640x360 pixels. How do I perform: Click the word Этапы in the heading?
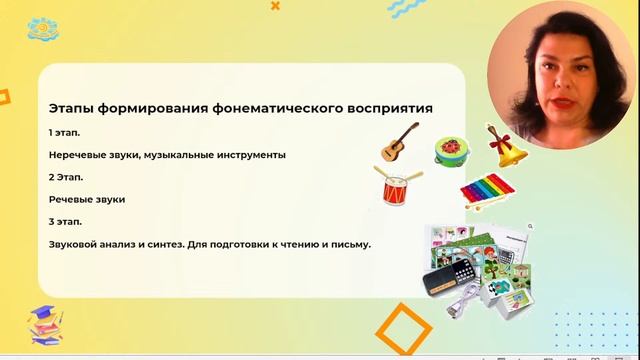pos(71,107)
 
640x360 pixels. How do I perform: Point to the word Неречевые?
pos(79,155)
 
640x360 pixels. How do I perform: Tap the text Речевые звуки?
pos(86,199)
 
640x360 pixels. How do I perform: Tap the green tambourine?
pos(453,151)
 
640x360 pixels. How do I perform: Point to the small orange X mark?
pos(275,6)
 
